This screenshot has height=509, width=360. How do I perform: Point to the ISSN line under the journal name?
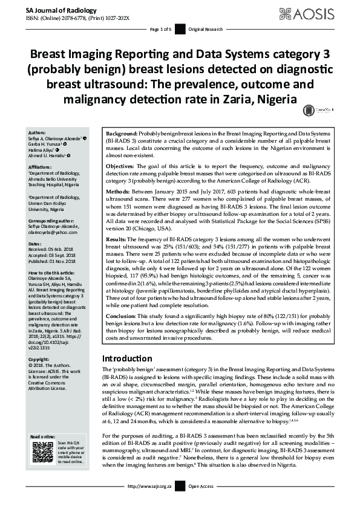(78, 19)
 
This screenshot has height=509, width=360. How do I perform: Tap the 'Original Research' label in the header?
(205, 28)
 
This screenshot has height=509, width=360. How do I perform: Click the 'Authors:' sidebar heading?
(38, 131)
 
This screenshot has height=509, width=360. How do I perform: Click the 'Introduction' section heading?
(131, 358)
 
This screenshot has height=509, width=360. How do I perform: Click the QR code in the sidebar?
(43, 453)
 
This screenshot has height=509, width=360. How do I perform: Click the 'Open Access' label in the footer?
(201, 503)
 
